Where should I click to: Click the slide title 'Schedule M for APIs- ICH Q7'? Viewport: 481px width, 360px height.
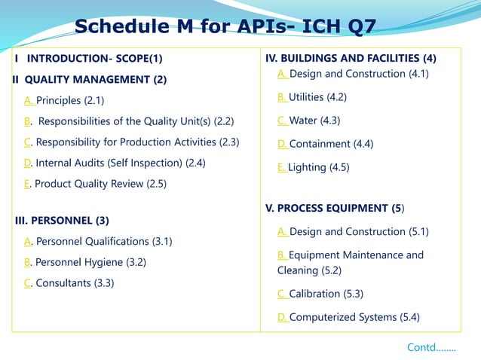[225, 28]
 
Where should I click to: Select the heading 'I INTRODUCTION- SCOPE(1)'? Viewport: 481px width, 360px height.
[89, 59]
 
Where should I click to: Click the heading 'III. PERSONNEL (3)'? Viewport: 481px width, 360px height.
[63, 221]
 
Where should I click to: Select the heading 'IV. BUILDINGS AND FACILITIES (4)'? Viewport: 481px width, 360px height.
[351, 58]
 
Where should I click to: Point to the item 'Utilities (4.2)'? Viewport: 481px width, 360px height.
[318, 97]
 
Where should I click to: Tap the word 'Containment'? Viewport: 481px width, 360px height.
[320, 144]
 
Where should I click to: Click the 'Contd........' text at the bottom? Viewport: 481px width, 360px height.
[431, 347]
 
